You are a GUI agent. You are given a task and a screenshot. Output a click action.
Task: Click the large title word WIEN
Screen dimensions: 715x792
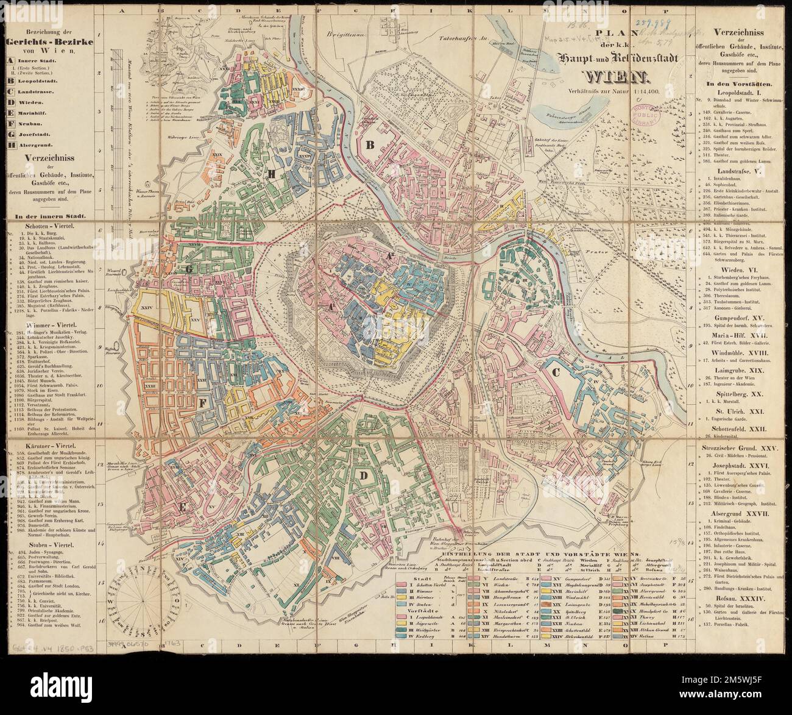617,77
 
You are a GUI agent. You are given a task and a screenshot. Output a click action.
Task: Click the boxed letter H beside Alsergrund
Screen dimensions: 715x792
10,144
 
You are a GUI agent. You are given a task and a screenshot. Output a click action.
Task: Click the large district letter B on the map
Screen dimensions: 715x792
369,144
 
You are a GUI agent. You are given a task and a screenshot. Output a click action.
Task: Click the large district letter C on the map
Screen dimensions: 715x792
555,371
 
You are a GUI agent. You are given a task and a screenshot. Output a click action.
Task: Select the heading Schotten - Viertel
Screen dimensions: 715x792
50,225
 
